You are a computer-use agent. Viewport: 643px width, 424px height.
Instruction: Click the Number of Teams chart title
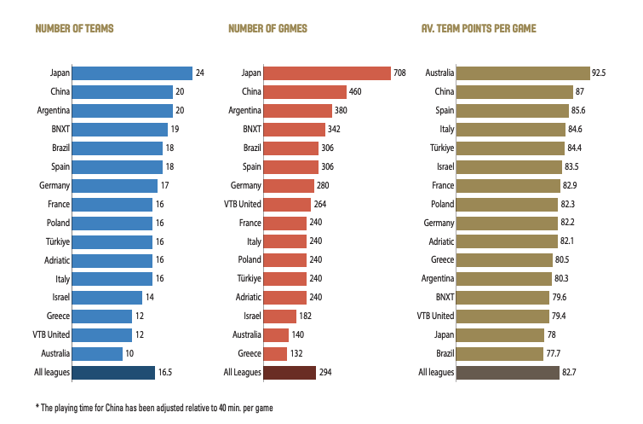(74, 29)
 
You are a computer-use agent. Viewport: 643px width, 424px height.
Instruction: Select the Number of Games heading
(267, 29)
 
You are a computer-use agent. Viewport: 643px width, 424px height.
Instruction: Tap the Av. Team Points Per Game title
(478, 29)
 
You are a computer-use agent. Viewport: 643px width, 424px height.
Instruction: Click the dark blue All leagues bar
(112, 372)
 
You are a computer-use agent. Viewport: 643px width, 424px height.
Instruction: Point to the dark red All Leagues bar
(290, 372)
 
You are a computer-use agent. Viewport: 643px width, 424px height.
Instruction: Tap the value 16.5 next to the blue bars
(165, 372)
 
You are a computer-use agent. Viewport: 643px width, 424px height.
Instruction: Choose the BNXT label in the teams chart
(60, 130)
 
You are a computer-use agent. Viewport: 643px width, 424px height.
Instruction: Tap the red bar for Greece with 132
(275, 353)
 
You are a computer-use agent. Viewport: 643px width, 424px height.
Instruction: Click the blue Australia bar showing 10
(98, 353)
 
